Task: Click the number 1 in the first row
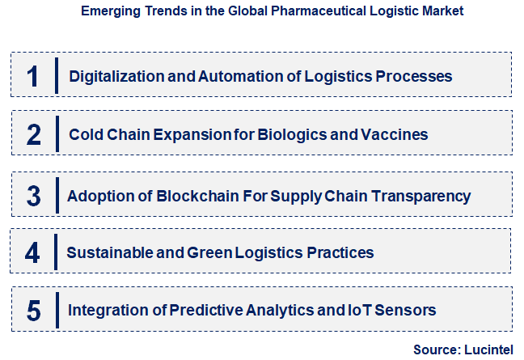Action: [x=33, y=77]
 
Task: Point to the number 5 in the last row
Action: [x=33, y=310]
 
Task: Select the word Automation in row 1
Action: [x=232, y=77]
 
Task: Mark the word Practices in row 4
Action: [x=340, y=253]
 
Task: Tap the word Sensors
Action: [x=408, y=310]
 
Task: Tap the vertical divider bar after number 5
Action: [x=56, y=310]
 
